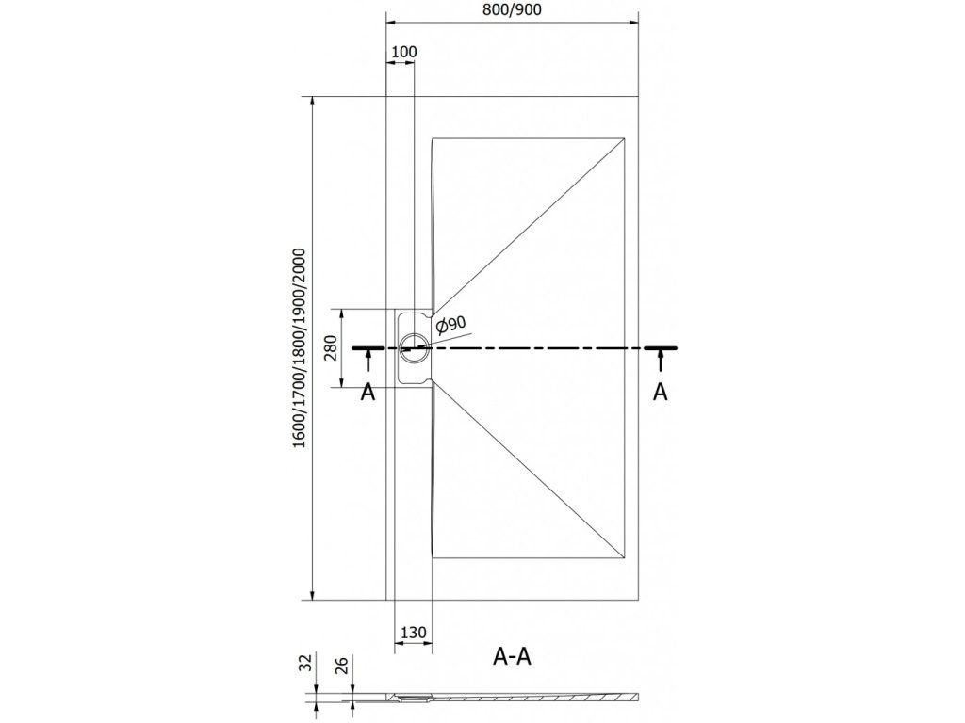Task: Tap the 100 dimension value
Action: [402, 51]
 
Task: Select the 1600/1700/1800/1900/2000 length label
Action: [299, 348]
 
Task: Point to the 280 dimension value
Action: [330, 347]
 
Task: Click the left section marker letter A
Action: [368, 393]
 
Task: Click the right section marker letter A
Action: [661, 393]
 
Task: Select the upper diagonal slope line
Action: [528, 226]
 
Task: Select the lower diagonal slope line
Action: [528, 471]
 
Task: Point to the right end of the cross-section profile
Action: [641, 697]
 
